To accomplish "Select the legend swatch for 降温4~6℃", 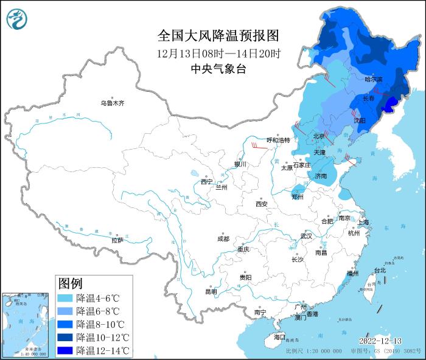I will click(x=65, y=299).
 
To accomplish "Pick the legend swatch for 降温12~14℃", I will click(x=65, y=350).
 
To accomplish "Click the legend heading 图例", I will click(x=70, y=283).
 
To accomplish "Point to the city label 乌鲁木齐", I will click(x=112, y=103).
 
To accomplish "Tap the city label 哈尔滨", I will click(x=374, y=80).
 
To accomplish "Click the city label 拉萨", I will click(x=117, y=241).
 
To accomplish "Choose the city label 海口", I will click(x=279, y=337).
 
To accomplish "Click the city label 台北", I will click(x=379, y=270).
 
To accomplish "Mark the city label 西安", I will click(x=262, y=204).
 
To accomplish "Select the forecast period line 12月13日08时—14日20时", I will click(x=218, y=53).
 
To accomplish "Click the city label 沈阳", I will click(x=359, y=120).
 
